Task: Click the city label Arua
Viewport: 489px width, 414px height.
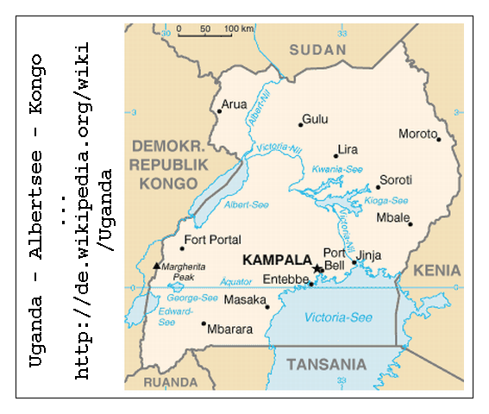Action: coord(235,104)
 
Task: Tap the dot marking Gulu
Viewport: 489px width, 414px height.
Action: coord(300,125)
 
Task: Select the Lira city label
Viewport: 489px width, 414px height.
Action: coord(348,149)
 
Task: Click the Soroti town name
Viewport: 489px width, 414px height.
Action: coord(396,179)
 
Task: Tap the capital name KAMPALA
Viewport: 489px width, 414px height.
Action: coord(277,259)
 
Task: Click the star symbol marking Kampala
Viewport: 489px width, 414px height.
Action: coord(317,270)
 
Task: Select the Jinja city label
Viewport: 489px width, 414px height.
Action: coord(368,254)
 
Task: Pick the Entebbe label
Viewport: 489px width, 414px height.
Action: coord(285,280)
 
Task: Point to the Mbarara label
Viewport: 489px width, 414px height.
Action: coord(229,329)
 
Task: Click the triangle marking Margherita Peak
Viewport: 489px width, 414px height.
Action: coord(156,266)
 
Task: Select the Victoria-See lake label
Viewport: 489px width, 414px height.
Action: coord(338,317)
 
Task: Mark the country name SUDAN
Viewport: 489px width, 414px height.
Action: coord(317,50)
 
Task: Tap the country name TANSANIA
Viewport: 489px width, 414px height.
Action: coord(326,363)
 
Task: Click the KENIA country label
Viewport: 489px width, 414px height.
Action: coord(437,271)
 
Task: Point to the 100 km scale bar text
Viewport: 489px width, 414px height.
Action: coord(239,29)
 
